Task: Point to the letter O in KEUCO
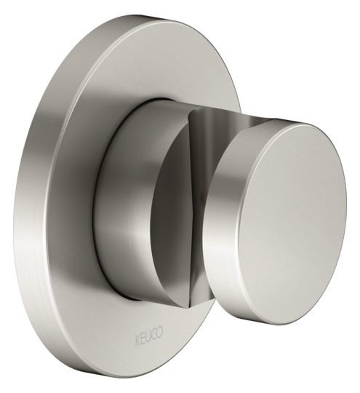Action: [x=160, y=330]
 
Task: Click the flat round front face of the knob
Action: [x=292, y=222]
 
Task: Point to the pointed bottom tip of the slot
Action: [x=188, y=307]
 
